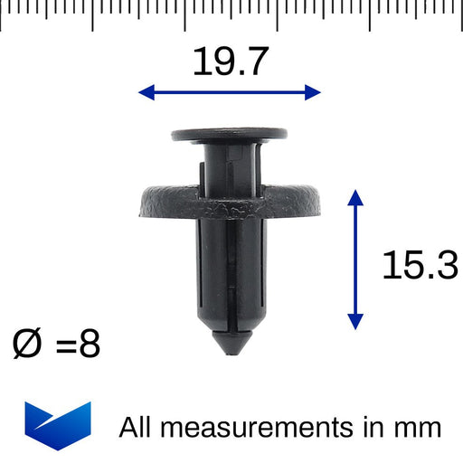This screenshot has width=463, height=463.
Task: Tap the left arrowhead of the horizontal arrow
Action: tap(146, 92)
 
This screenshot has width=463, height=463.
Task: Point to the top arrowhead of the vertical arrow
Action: tap(355, 198)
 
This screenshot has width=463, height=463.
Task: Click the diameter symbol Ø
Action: tap(28, 345)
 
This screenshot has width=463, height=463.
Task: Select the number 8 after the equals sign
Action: tap(89, 345)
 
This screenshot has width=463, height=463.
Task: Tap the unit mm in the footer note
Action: tap(417, 427)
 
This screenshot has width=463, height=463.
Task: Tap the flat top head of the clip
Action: tap(230, 135)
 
